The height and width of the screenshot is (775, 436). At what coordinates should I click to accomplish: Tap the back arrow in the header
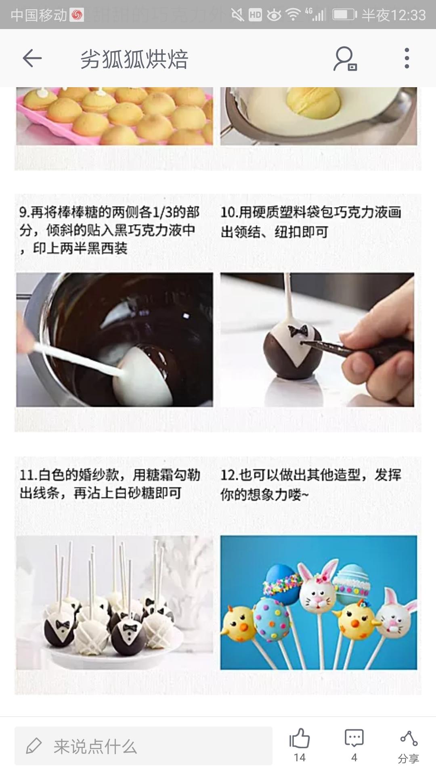[32, 59]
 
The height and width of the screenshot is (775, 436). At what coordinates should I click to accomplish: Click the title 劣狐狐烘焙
[134, 59]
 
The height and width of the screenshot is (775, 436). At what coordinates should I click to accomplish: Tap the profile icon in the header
[345, 59]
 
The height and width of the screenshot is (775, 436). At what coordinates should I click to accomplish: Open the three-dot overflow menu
[407, 59]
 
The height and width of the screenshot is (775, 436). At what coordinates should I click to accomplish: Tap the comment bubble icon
[354, 738]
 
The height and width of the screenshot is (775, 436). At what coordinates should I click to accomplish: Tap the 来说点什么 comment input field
[143, 746]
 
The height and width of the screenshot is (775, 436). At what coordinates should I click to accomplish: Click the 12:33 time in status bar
[408, 15]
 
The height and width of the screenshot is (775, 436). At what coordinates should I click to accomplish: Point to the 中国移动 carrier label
[38, 15]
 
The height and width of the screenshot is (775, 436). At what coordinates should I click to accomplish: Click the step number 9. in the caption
[24, 212]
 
